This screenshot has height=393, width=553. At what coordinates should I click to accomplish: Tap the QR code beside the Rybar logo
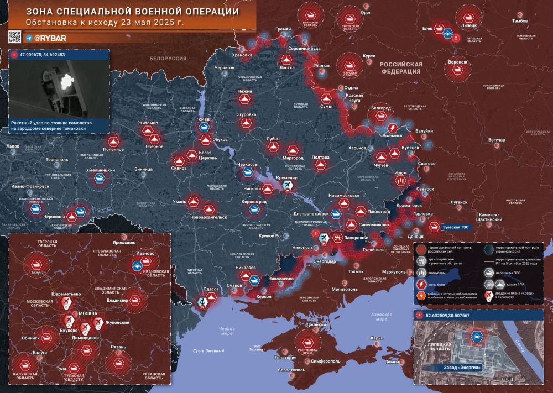pos(14,38)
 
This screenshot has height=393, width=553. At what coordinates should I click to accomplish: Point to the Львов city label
pos(12,147)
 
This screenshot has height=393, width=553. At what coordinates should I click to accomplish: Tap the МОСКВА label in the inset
pos(88,313)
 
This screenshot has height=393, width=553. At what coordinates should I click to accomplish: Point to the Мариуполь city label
pos(394,272)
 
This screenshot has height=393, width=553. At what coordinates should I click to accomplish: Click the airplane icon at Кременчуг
pos(287,188)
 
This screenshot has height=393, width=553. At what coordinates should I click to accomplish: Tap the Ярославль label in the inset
pos(124,242)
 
